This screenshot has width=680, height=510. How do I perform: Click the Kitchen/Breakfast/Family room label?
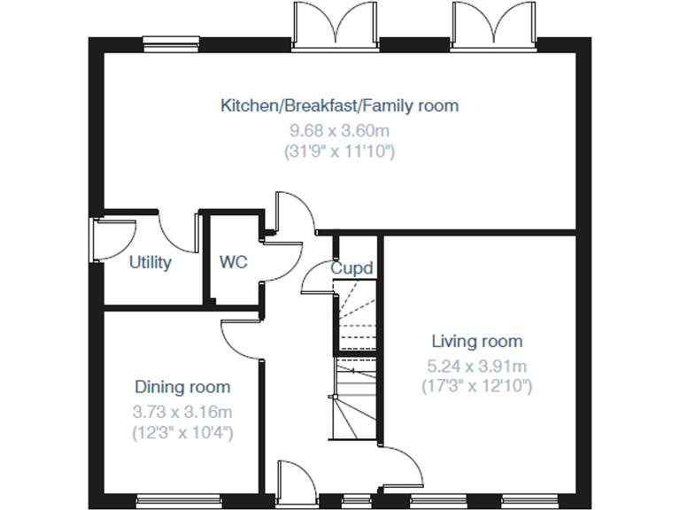point(340,106)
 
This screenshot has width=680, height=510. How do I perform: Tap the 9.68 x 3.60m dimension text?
point(340,130)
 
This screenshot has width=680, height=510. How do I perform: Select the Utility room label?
point(150,263)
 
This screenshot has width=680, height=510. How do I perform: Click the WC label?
point(234,263)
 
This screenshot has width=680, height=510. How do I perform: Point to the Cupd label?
point(352,267)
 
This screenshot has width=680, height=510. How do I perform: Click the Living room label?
point(477,341)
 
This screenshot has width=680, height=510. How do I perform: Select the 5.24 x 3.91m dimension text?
point(477,365)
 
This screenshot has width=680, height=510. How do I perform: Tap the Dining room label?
point(182,387)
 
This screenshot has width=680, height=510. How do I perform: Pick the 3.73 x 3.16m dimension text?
point(182,411)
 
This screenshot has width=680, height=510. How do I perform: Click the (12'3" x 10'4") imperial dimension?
point(182,433)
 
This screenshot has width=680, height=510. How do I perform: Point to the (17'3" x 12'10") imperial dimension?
point(477,387)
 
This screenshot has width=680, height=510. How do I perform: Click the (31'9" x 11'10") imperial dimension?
point(340,152)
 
